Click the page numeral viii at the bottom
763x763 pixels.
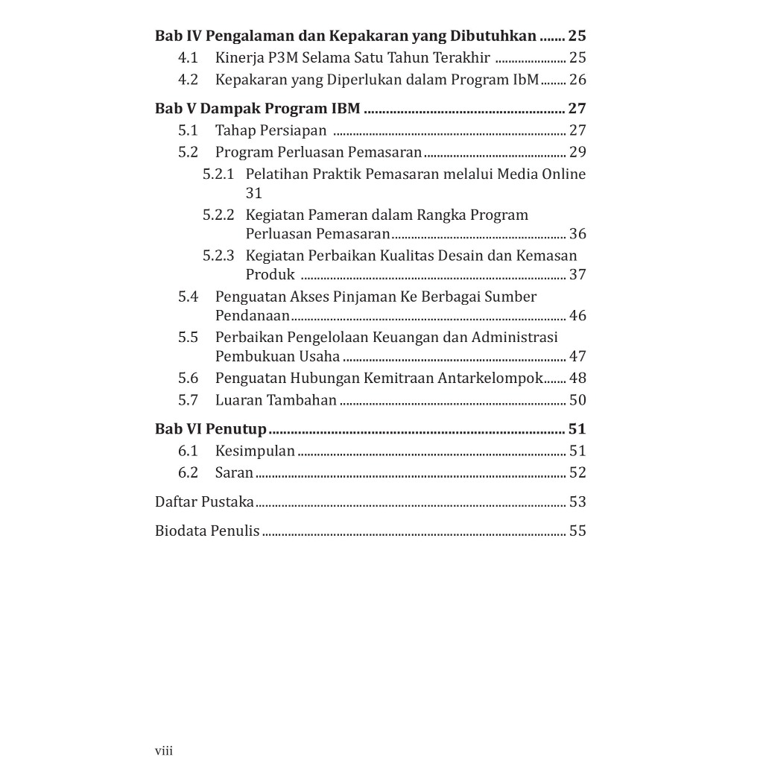point(163,750)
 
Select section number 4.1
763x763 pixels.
point(188,57)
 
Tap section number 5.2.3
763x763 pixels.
point(218,256)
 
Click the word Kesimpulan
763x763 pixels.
point(255,451)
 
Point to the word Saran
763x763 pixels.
point(234,472)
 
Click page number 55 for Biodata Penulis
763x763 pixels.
point(577,531)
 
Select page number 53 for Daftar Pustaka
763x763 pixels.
point(577,501)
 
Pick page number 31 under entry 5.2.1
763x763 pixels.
point(254,193)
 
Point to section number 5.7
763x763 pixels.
point(188,400)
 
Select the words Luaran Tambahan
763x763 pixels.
point(276,400)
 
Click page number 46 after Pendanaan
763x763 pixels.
point(577,315)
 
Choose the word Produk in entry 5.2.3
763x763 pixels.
point(270,274)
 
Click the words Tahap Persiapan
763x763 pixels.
point(270,130)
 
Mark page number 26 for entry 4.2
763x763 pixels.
point(577,80)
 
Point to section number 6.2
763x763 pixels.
point(188,472)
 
